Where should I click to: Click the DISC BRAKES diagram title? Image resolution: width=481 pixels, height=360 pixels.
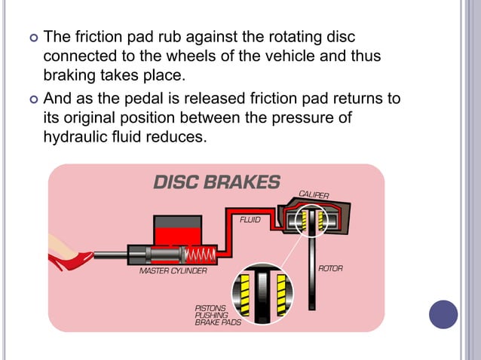point(216,182)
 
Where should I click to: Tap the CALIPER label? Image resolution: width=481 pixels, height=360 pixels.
point(314,194)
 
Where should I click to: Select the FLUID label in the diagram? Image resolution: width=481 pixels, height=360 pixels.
point(250,220)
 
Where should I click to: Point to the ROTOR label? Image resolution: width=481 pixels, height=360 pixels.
point(330,268)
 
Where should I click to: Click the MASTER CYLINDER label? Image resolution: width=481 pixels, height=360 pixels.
point(173,270)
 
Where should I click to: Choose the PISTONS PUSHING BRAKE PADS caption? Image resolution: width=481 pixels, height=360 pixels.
point(213,315)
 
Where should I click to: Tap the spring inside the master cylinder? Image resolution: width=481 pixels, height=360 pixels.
point(202,255)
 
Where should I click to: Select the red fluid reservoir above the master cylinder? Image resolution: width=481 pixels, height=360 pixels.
point(177,229)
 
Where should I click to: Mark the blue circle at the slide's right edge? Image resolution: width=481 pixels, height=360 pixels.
point(443,314)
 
